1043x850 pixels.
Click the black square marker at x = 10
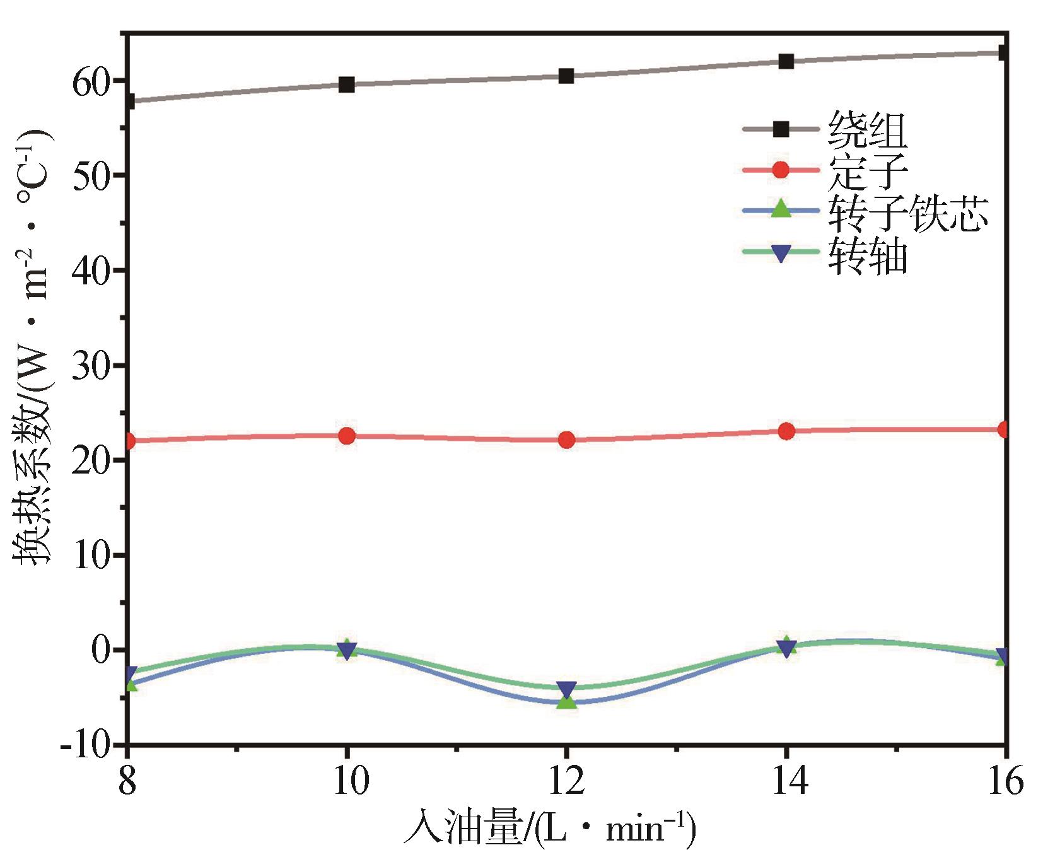346,84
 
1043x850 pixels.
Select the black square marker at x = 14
786,61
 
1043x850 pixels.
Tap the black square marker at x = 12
566,76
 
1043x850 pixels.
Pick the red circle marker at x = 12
566,440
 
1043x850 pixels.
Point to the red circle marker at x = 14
786,431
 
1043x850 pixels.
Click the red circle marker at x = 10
346,435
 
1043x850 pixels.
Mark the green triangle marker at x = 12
566,700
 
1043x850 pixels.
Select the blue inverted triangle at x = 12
566,689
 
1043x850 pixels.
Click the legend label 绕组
868,131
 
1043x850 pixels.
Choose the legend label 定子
868,171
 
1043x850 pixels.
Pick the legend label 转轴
868,254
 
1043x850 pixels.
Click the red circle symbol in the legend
781,170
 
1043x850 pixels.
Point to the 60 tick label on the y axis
91,82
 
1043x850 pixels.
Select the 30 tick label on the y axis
91,366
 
